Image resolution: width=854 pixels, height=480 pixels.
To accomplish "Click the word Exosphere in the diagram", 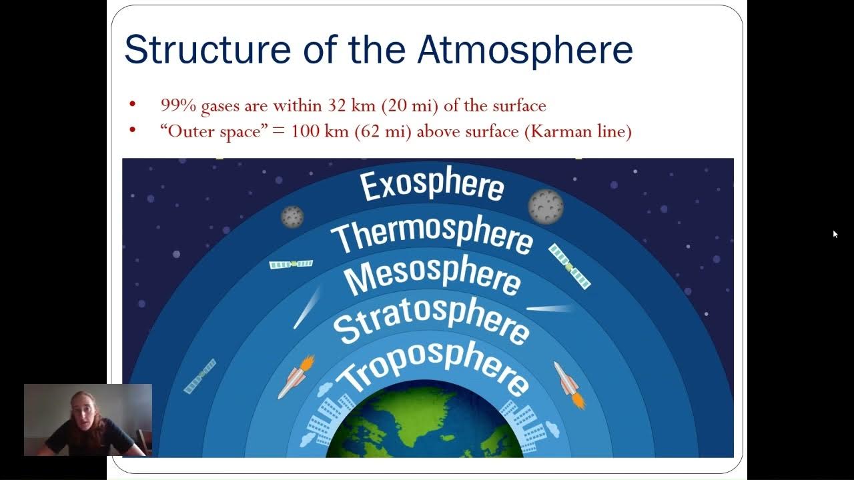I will coord(432,183).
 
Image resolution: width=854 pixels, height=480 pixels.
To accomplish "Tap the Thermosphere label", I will coord(432,235).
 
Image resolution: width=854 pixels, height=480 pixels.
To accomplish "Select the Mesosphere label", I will coord(432,277).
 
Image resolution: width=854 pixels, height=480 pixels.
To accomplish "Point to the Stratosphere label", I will coord(432,321).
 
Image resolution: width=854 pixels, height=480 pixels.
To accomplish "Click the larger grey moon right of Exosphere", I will coord(546,206).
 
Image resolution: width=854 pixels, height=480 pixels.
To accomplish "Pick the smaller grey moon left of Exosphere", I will coord(292,216).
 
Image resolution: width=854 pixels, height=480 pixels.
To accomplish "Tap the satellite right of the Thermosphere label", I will coord(569,266).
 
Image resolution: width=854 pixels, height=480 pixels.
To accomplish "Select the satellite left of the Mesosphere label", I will coord(291,264).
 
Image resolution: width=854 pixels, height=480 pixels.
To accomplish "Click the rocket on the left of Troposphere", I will coord(294,378).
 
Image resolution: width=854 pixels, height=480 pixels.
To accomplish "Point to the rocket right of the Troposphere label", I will coord(568,385).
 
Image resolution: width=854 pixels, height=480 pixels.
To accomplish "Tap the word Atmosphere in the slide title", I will coord(524,50).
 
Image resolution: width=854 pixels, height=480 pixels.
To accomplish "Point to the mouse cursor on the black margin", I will coord(835,233).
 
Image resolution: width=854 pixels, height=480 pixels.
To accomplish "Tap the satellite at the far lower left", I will coord(200,375).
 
